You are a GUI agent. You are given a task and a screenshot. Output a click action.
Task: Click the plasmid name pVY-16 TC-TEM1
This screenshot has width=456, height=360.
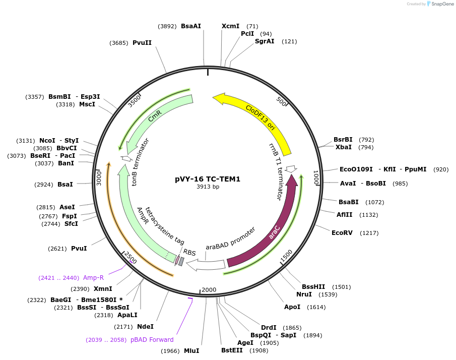tap(208, 178)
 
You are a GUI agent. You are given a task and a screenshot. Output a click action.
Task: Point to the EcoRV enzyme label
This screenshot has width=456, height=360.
tap(342, 233)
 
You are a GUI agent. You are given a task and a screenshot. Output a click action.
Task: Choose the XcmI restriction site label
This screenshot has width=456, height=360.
tap(231, 26)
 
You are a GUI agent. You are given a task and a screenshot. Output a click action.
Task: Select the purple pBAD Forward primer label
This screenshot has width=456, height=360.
tap(152, 340)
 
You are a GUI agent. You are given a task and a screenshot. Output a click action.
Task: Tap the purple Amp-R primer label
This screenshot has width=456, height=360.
tap(94, 278)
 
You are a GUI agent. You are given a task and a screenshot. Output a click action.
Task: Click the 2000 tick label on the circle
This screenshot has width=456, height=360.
tap(209, 290)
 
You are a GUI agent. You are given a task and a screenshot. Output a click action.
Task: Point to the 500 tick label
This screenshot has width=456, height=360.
tap(281, 101)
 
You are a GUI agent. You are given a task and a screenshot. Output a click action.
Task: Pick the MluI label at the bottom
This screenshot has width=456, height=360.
tap(191, 351)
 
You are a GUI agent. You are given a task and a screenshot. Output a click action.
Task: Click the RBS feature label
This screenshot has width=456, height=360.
tap(189, 252)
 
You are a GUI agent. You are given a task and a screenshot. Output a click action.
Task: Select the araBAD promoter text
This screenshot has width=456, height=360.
tap(230, 238)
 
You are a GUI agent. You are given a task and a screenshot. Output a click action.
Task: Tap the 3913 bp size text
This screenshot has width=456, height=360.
tap(208, 187)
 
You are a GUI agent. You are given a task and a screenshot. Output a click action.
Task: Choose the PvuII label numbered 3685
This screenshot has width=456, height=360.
tap(142, 43)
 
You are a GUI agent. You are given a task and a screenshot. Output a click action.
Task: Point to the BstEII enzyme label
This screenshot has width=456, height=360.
tap(232, 350)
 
